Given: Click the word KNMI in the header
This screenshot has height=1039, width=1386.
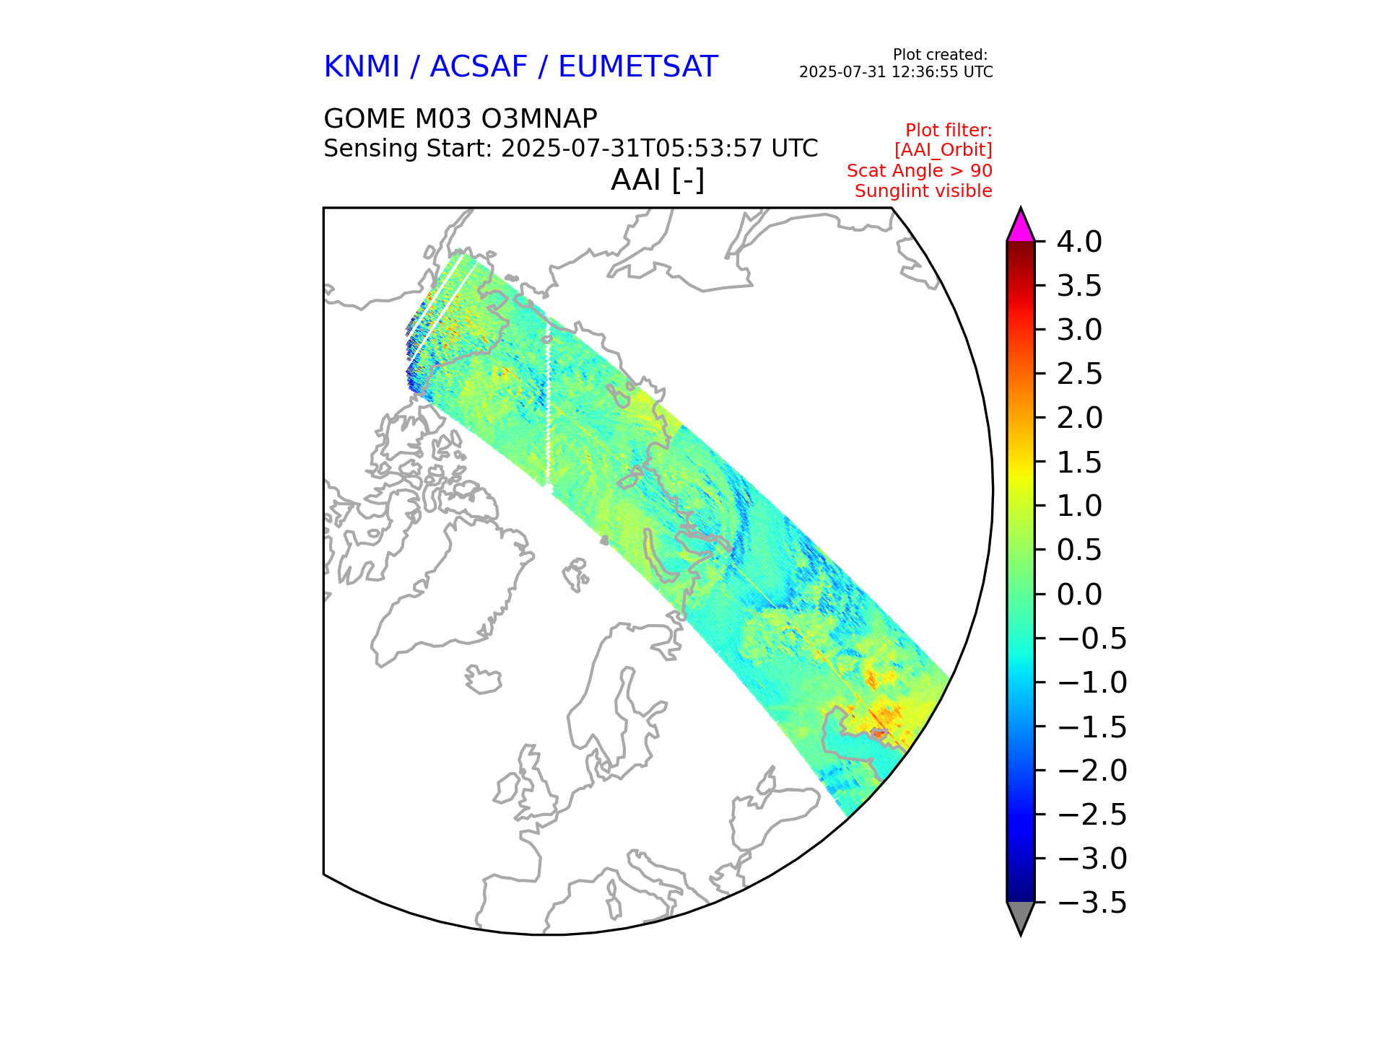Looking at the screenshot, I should pyautogui.click(x=361, y=67).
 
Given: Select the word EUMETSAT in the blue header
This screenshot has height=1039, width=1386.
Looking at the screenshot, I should pyautogui.click(x=637, y=67).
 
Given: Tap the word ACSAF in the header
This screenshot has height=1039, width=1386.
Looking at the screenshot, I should pyautogui.click(x=479, y=67).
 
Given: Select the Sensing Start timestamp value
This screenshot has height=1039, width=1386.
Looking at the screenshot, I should pyautogui.click(x=659, y=149).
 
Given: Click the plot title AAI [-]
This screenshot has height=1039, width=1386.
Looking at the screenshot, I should pyautogui.click(x=657, y=180).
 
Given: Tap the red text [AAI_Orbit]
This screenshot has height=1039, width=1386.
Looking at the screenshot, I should pyautogui.click(x=943, y=150).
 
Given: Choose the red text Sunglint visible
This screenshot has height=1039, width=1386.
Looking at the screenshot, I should pyautogui.click(x=923, y=191).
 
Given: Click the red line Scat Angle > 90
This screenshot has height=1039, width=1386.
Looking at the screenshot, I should pyautogui.click(x=919, y=171).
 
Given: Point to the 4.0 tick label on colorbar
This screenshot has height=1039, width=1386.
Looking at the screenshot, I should pyautogui.click(x=1079, y=242).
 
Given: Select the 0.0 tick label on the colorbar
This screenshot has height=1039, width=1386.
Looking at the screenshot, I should pyautogui.click(x=1079, y=595).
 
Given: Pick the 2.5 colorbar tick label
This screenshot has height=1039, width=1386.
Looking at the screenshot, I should pyautogui.click(x=1079, y=374).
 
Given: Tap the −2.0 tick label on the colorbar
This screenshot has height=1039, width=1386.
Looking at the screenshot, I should pyautogui.click(x=1091, y=771).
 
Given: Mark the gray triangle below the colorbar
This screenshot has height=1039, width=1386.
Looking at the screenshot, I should pyautogui.click(x=1020, y=916).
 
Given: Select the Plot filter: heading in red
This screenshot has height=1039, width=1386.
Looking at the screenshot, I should pyautogui.click(x=949, y=131).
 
